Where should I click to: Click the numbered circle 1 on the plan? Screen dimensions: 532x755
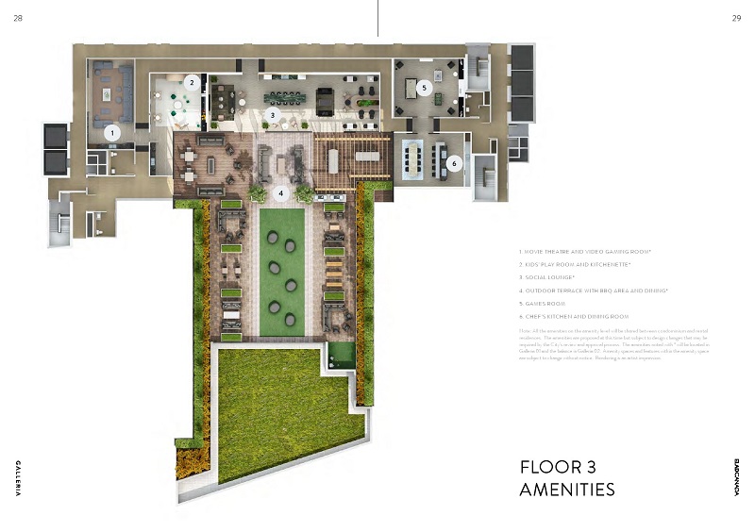112,133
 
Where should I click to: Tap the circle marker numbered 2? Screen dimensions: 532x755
192,82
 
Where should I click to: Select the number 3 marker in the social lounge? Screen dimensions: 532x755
273,115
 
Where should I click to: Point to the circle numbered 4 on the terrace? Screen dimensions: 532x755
279,192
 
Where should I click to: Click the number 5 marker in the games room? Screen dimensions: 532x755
425,88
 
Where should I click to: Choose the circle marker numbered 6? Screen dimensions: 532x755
454,163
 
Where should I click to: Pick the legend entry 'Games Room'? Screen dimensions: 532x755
545,304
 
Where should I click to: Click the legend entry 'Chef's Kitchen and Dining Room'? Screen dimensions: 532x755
574,317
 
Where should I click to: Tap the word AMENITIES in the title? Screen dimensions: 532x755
567,490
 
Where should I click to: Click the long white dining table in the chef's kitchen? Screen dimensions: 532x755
413,152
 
